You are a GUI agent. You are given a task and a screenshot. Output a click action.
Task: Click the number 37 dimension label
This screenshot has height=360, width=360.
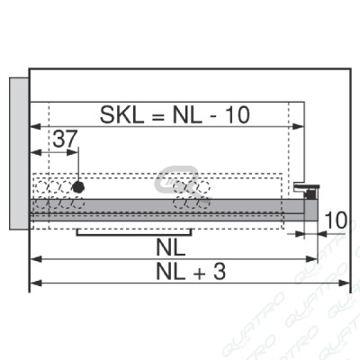[65, 139]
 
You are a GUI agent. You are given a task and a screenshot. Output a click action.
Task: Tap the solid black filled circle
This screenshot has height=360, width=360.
[78, 187]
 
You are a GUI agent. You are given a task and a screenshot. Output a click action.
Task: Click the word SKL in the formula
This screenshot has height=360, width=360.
[121, 115]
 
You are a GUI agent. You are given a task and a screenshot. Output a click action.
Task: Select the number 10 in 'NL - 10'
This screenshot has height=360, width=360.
[238, 115]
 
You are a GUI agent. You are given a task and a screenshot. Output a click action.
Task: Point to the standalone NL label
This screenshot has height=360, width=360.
[171, 247]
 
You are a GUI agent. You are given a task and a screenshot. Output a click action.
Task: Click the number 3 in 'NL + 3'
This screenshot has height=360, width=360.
[220, 272]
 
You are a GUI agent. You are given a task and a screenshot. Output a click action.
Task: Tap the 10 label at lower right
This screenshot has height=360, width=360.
[336, 220]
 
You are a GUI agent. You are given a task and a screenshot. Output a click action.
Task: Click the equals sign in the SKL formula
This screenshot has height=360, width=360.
[158, 116]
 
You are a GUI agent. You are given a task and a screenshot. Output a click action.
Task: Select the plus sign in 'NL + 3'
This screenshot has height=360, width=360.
[199, 273]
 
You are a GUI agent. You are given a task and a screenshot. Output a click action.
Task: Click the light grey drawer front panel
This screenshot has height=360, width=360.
[19, 154]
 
